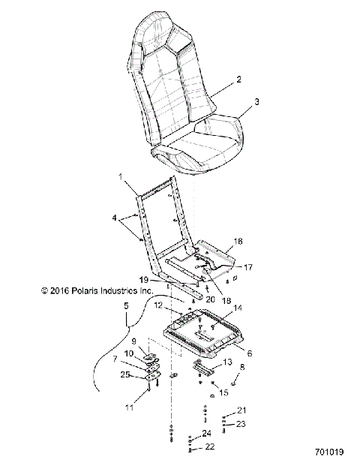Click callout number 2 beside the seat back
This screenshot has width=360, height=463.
(x=239, y=79)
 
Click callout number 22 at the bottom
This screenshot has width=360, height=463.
(x=209, y=447)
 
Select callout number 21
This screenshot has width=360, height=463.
(x=241, y=410)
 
